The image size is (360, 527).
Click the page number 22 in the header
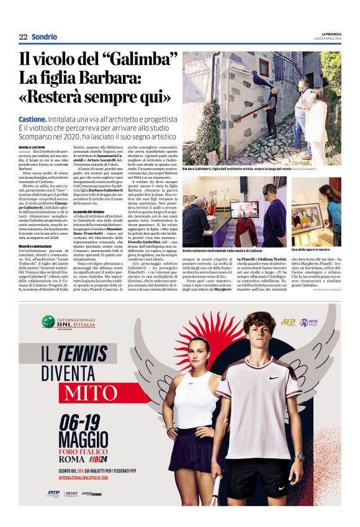(23, 37)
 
